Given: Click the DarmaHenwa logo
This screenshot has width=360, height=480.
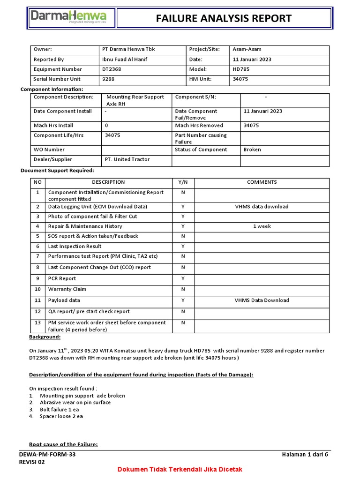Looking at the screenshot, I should pyautogui.click(x=68, y=18).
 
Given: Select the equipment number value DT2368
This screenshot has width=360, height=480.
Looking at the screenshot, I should pyautogui.click(x=112, y=69).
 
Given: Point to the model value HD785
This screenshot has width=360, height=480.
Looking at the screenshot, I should pyautogui.click(x=241, y=69).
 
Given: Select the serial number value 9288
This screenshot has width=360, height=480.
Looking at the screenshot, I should pyautogui.click(x=108, y=79).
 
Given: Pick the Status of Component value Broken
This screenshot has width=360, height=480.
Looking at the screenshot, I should pyautogui.click(x=252, y=150).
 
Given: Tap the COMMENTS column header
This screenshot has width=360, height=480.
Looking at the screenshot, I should pyautogui.click(x=262, y=182).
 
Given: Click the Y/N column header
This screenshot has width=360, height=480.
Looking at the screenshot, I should pyautogui.click(x=183, y=182).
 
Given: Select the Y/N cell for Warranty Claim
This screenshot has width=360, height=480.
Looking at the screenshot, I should pyautogui.click(x=183, y=289).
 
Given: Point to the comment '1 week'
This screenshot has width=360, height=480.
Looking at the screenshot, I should pyautogui.click(x=262, y=226).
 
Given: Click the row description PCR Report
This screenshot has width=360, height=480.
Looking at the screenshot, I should pyautogui.click(x=62, y=278).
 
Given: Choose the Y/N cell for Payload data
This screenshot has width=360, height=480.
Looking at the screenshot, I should pyautogui.click(x=183, y=300).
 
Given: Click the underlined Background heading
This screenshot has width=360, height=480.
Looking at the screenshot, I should pyautogui.click(x=45, y=337).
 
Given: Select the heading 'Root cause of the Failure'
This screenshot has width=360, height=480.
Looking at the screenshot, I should pyautogui.click(x=63, y=444).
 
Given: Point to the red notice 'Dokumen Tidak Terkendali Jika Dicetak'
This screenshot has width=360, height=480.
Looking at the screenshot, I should pyautogui.click(x=180, y=469).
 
